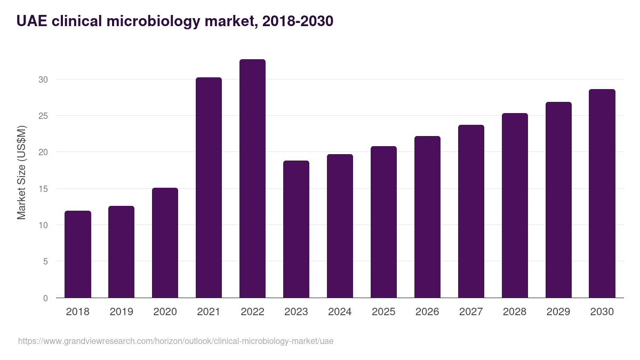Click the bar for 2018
point(78,254)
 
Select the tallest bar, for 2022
point(252,179)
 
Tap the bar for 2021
point(209,188)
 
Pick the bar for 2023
point(296,229)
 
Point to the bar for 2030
point(602,194)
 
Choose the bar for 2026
point(427,217)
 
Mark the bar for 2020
point(165,243)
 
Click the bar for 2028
point(515,205)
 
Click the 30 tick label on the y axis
point(43,79)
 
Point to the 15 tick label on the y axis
point(43,189)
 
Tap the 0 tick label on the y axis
point(45,298)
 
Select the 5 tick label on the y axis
point(45,262)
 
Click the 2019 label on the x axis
point(122,312)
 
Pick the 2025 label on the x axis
point(383,312)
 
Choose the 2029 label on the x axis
point(558,312)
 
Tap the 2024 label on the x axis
point(340,312)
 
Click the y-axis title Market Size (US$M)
point(21,172)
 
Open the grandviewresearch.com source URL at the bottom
point(175,341)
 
